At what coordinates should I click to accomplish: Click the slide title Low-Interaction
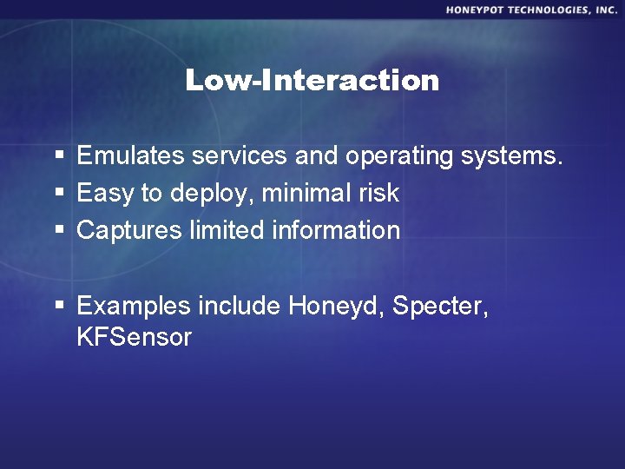312,81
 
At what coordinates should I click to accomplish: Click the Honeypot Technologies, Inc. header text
531,10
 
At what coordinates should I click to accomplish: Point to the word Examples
134,307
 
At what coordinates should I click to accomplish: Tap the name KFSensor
134,337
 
